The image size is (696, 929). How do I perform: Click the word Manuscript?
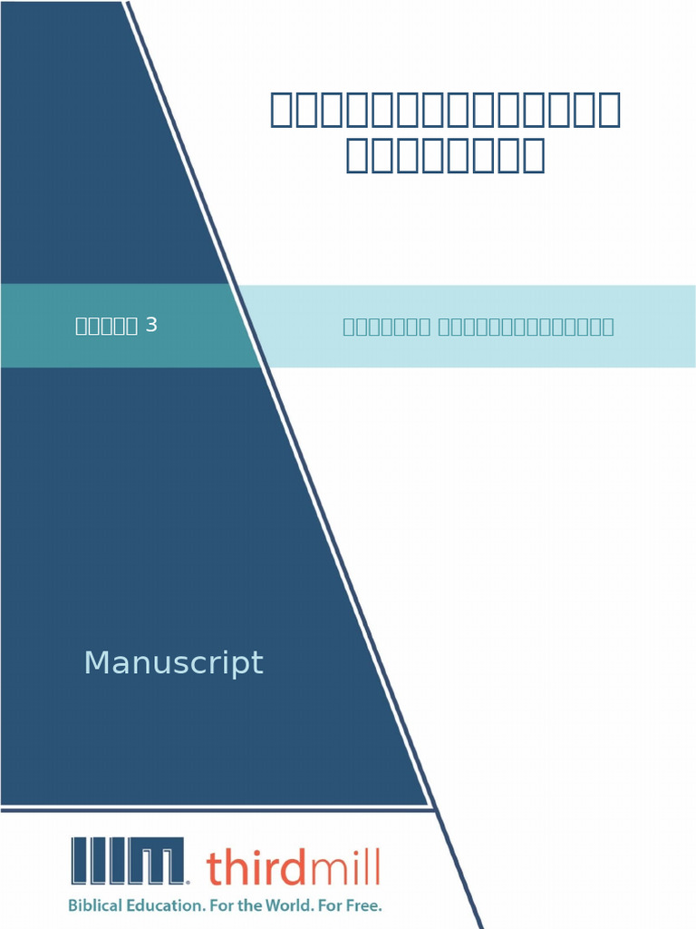(x=173, y=663)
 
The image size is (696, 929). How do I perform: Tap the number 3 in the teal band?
(x=151, y=325)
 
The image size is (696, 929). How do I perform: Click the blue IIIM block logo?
(x=130, y=861)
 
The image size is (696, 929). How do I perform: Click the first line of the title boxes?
(x=445, y=111)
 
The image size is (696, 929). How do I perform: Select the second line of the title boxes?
(x=445, y=156)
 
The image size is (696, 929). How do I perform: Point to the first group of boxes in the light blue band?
(x=386, y=327)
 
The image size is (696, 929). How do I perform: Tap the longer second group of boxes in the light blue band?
(x=526, y=327)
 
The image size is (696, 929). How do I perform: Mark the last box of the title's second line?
(x=534, y=156)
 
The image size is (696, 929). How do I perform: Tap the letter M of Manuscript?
(x=95, y=663)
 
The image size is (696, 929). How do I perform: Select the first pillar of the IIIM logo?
(x=79, y=861)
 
